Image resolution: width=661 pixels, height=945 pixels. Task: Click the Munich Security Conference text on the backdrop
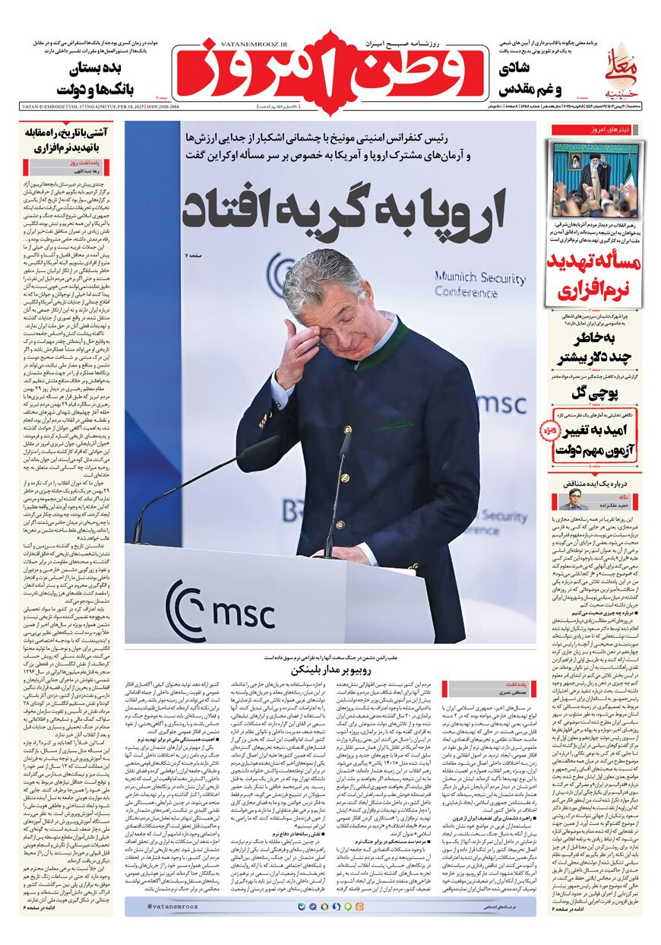(x=479, y=286)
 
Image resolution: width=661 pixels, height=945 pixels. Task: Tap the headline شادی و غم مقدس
(x=531, y=78)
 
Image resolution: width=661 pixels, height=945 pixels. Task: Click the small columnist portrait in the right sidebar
(x=571, y=499)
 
